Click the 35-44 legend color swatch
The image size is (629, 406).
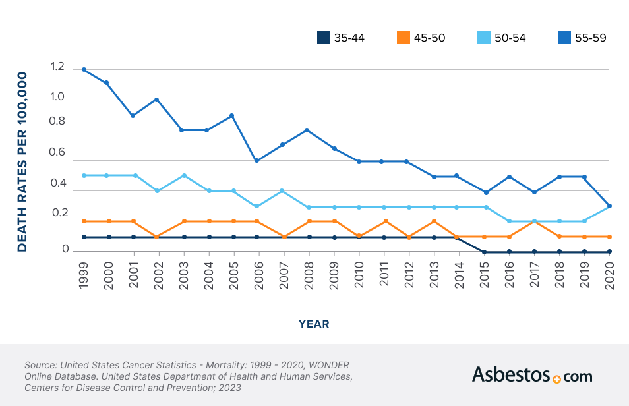pyautogui.click(x=323, y=38)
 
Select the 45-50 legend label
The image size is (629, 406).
pyautogui.click(x=429, y=38)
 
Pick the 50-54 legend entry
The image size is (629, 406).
pyautogui.click(x=510, y=38)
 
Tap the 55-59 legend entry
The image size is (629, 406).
pyautogui.click(x=590, y=38)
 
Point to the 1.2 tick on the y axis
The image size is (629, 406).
pyautogui.click(x=57, y=67)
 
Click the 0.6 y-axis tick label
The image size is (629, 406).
pyautogui.click(x=57, y=152)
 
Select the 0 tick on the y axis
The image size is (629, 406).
pyautogui.click(x=65, y=249)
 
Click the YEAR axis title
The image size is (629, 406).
pyautogui.click(x=314, y=324)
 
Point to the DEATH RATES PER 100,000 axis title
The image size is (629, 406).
pyautogui.click(x=22, y=161)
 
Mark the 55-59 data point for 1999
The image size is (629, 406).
pyautogui.click(x=84, y=69)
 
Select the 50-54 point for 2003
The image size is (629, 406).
pyautogui.click(x=184, y=175)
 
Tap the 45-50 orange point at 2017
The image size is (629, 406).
pyautogui.click(x=534, y=221)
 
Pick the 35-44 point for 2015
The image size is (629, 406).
pyautogui.click(x=484, y=252)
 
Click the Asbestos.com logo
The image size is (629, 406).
pyautogui.click(x=531, y=375)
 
